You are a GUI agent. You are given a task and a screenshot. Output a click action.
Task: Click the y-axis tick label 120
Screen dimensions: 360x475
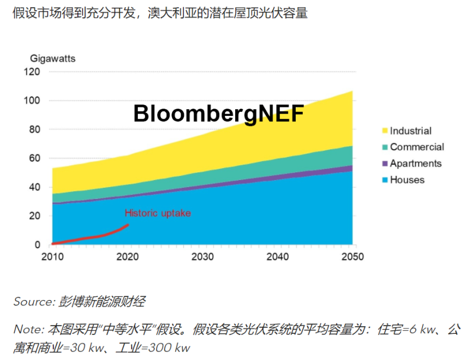click(32, 72)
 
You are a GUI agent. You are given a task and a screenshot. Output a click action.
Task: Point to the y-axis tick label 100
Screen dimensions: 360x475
click(32, 101)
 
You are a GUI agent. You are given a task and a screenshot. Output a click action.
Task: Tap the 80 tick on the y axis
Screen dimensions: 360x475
click(34, 130)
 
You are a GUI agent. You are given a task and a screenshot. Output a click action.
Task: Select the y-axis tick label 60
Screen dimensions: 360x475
click(34, 159)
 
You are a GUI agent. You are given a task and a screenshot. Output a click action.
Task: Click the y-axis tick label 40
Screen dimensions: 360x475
click(34, 187)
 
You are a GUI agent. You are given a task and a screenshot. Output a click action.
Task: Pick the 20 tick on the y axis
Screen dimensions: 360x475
click(34, 216)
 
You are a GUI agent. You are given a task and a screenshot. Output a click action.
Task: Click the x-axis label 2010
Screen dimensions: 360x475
click(52, 257)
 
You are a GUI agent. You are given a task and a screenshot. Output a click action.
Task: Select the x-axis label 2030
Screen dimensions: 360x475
click(202, 257)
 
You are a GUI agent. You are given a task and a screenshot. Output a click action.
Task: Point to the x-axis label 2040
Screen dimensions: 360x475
click(277, 257)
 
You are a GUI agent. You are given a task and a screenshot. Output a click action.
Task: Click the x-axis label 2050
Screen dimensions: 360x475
click(352, 257)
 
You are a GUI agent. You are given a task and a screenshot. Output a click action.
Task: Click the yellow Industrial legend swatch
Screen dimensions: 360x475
click(384, 131)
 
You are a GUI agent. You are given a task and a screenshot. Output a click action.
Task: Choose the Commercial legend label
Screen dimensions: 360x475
click(417, 147)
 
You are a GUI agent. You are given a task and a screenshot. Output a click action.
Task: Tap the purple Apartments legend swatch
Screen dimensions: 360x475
click(384, 163)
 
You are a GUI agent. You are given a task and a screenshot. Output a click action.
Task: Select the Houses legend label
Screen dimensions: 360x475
click(407, 179)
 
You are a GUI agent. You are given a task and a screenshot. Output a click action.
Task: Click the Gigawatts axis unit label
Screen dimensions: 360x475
click(53, 58)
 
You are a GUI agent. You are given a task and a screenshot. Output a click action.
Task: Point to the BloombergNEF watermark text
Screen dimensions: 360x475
click(218, 113)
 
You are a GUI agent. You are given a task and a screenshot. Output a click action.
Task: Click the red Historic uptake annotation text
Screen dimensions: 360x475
click(157, 213)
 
